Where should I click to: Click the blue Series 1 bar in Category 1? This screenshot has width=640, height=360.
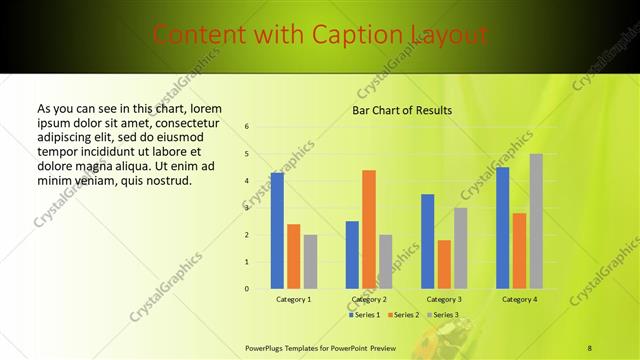pos(277,231)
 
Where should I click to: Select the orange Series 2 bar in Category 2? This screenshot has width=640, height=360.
pos(369,229)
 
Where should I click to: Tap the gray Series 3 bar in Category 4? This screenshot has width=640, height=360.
pos(536,221)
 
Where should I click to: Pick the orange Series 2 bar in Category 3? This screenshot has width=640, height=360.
pos(444,264)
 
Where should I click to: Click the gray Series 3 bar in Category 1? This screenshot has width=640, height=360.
pos(310,262)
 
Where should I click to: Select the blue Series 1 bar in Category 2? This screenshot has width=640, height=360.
pos(352,255)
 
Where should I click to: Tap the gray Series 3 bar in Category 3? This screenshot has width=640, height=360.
pos(460,248)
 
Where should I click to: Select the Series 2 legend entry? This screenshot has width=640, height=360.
pos(404,315)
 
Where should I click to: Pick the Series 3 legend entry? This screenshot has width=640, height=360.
pos(441,315)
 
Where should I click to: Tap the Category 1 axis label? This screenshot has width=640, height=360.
pos(294,299)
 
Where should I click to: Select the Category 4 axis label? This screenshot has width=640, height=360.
pos(519,299)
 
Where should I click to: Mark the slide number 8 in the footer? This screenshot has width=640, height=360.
pos(590,348)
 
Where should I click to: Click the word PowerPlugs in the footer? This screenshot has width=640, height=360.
pos(266,348)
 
